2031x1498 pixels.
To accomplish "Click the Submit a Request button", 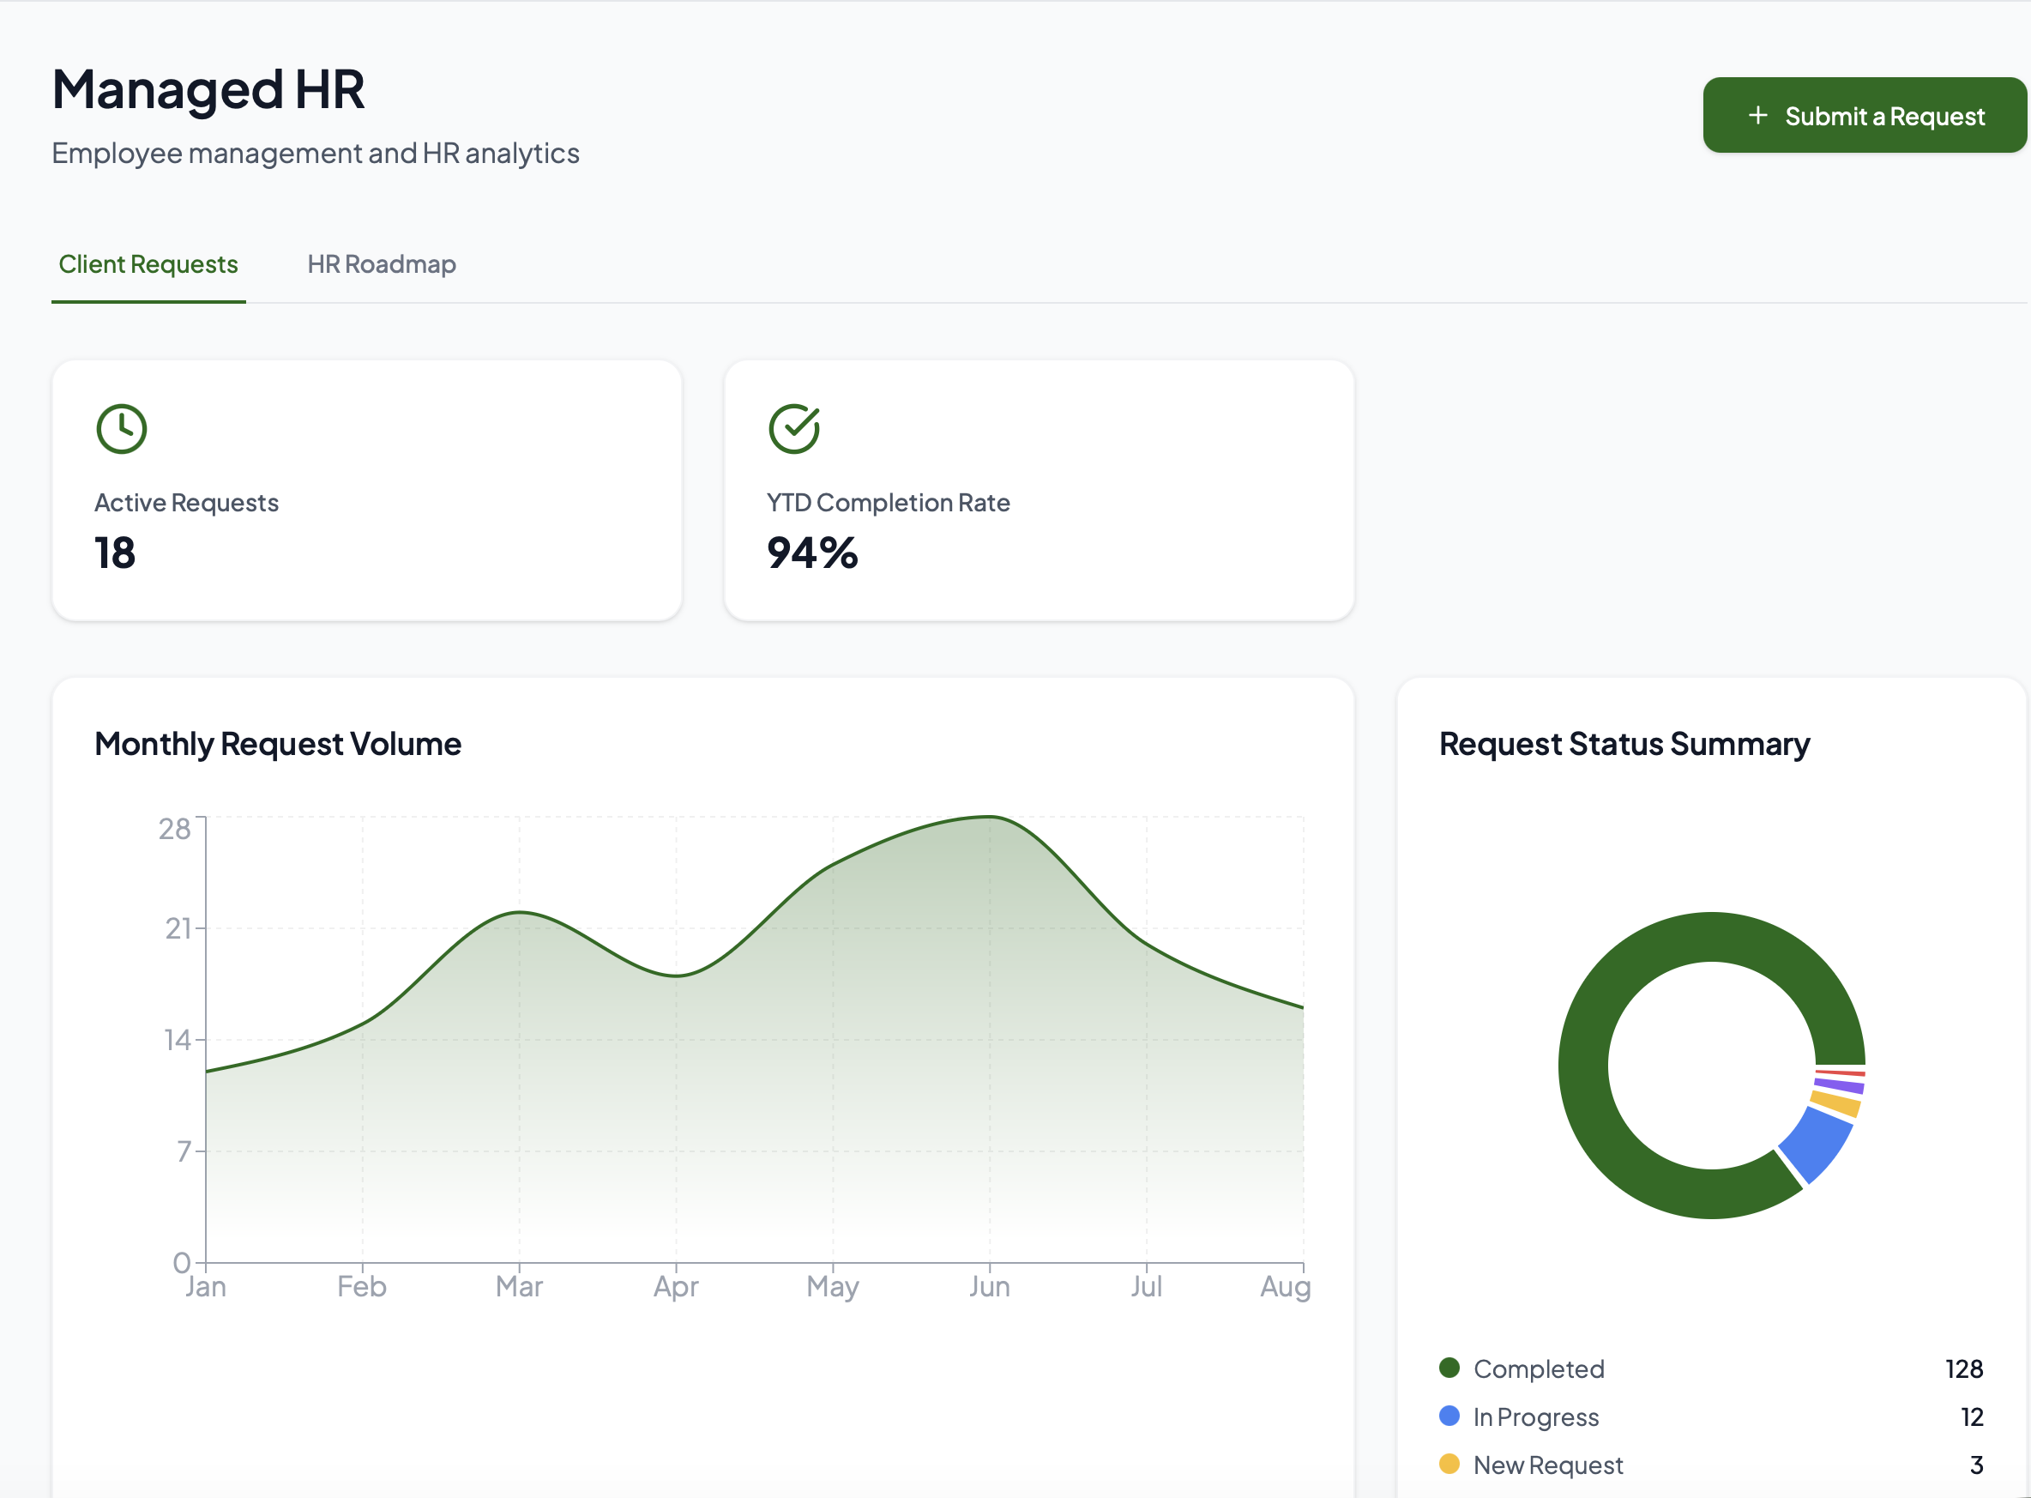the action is [x=1865, y=115].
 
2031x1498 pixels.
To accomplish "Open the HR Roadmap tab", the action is [x=382, y=264].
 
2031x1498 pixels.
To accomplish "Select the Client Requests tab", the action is [x=148, y=264].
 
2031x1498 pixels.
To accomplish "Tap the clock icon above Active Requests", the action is [x=122, y=429].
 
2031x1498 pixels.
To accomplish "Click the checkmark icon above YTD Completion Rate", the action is [x=795, y=429].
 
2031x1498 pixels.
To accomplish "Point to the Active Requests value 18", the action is [x=115, y=553].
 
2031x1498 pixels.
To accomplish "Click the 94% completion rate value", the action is [x=812, y=553].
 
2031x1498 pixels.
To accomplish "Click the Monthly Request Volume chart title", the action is [x=278, y=744].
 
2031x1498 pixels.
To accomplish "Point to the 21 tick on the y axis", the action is [x=178, y=928].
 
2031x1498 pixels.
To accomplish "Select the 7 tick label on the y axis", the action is [x=185, y=1151].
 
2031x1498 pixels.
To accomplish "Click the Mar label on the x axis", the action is [x=519, y=1286].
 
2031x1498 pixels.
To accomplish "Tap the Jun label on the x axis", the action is [x=990, y=1286].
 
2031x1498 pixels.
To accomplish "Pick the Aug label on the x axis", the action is [x=1285, y=1287].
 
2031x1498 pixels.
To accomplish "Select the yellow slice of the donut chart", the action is [x=1835, y=1103].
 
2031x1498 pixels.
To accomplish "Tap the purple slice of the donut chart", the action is [x=1839, y=1084].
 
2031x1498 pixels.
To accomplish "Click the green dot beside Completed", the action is [x=1449, y=1368].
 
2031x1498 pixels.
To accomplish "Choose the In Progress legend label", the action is [x=1536, y=1416].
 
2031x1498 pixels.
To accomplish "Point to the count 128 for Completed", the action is [x=1964, y=1368].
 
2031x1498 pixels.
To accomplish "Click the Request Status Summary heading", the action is [x=1625, y=744].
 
